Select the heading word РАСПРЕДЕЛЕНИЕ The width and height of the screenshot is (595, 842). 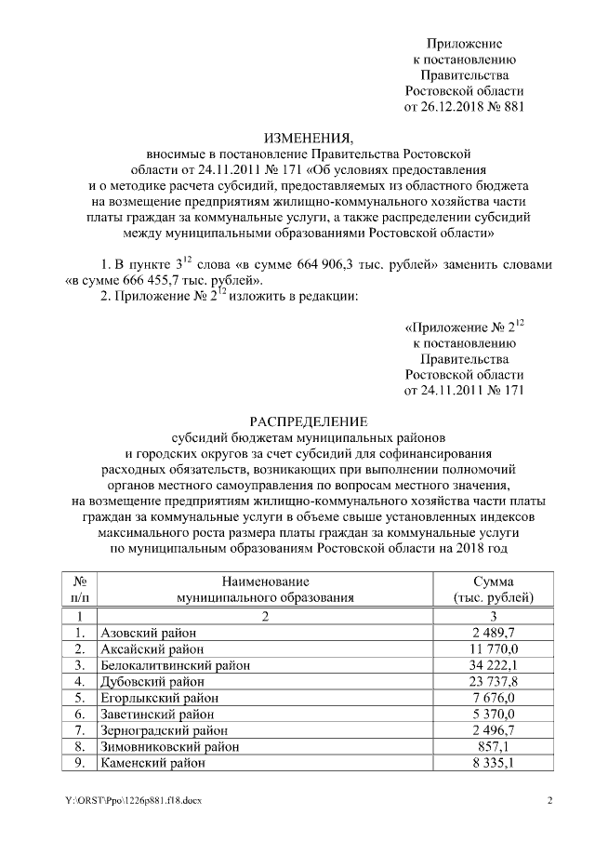pos(297,421)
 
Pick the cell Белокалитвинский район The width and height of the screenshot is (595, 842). pos(176,665)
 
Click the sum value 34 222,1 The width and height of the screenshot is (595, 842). pos(495,665)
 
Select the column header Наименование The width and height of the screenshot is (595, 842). pos(266,581)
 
